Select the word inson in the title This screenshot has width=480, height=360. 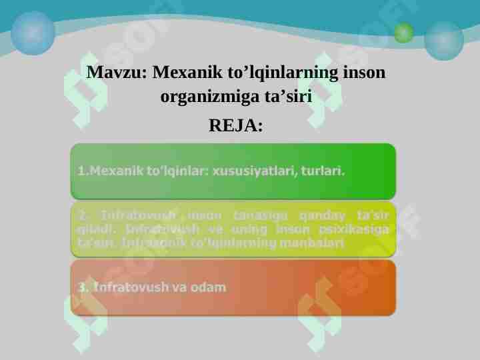tap(364, 71)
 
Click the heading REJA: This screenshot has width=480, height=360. tap(236, 125)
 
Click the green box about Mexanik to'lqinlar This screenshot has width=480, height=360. tap(233, 171)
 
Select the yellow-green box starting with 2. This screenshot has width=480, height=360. tap(233, 229)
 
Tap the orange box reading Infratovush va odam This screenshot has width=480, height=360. tap(233, 287)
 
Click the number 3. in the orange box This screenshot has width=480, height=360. tap(83, 288)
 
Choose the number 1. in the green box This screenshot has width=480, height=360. tap(83, 171)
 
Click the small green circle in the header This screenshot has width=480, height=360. tap(403, 33)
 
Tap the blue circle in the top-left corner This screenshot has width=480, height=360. tap(33, 32)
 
